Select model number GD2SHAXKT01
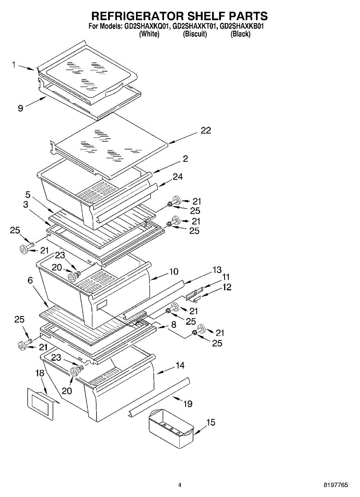coord(194,26)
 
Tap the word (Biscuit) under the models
coord(195,34)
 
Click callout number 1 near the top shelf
coord(14,65)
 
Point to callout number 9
coord(20,108)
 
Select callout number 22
coord(206,130)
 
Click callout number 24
coord(178,176)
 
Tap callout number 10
coord(174,271)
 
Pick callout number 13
coord(217,270)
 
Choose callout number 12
coord(227,287)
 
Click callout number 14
coord(180,365)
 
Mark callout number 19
coord(188,404)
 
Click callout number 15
coord(211,422)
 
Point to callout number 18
coord(40,373)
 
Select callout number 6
coord(30,280)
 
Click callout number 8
coord(174,325)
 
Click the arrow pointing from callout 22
coord(183,138)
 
